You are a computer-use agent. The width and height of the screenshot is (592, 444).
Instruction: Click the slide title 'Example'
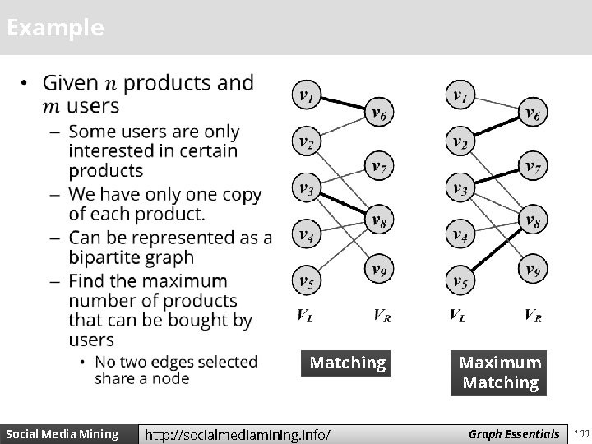[55, 28]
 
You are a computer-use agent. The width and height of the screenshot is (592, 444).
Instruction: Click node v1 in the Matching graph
[307, 97]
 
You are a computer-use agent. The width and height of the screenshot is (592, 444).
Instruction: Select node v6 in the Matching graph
[378, 113]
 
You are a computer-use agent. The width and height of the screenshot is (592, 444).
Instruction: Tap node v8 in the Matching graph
[378, 220]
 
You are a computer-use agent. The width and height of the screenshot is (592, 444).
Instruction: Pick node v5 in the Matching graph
[307, 282]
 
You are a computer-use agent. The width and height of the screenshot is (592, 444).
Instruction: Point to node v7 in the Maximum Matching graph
[533, 167]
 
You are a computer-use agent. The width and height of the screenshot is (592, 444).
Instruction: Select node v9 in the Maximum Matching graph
[533, 269]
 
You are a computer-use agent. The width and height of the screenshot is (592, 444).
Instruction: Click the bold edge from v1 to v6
[342, 104]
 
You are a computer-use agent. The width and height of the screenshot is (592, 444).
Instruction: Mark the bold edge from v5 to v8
[497, 251]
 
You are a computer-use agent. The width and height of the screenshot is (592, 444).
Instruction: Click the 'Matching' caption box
[347, 363]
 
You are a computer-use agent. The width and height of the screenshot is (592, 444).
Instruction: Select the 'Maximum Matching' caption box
[500, 372]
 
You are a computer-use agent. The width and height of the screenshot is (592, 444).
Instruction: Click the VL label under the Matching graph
[304, 314]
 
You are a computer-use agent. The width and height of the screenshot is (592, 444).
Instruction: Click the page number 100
[581, 433]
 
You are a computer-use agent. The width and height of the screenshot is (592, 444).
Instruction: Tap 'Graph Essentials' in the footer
[514, 433]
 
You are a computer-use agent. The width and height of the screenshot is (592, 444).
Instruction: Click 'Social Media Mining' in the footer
[62, 433]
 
